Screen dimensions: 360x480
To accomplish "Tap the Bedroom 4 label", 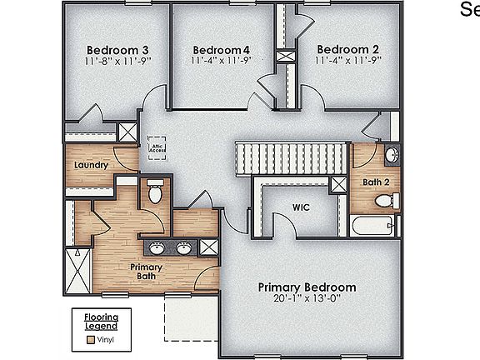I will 221,49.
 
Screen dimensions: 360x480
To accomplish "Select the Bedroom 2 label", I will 347,49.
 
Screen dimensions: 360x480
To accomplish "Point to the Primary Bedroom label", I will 307,287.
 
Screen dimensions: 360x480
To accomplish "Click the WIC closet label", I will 301,207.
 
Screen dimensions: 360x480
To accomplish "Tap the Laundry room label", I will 91,165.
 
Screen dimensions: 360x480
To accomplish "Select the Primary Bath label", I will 145,272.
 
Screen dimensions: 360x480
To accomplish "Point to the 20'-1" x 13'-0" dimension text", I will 307,298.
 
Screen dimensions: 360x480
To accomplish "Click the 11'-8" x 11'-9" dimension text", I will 117,61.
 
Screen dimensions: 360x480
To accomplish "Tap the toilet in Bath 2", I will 384,201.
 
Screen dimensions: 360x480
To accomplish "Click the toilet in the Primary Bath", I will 153,192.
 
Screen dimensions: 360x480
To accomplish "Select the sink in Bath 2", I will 393,156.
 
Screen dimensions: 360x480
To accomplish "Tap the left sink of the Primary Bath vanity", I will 157,247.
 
